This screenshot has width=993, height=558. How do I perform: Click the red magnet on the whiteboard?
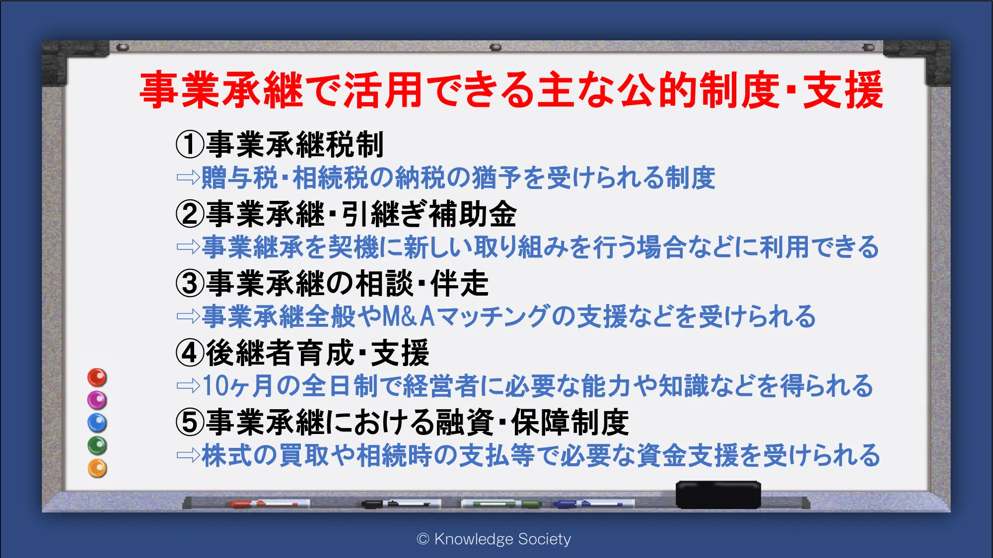click(97, 377)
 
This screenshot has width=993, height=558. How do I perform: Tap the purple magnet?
click(97, 400)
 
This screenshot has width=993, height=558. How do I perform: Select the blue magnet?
click(97, 423)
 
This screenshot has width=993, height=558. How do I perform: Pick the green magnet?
click(97, 445)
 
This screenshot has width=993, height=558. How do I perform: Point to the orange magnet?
click(97, 468)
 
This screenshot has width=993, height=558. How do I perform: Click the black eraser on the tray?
click(718, 495)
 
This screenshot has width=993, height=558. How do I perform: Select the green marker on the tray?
click(501, 504)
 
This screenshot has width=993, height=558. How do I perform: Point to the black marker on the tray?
click(401, 504)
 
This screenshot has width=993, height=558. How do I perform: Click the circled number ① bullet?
click(190, 144)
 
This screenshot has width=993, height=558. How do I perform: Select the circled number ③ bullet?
click(190, 283)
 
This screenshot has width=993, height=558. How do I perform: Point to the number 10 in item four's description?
click(215, 386)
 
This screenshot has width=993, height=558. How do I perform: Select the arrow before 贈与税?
click(188, 177)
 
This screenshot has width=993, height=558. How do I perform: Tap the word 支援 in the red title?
click(843, 90)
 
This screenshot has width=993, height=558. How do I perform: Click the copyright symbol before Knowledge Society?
click(423, 539)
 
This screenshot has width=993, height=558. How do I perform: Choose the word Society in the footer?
click(544, 539)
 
